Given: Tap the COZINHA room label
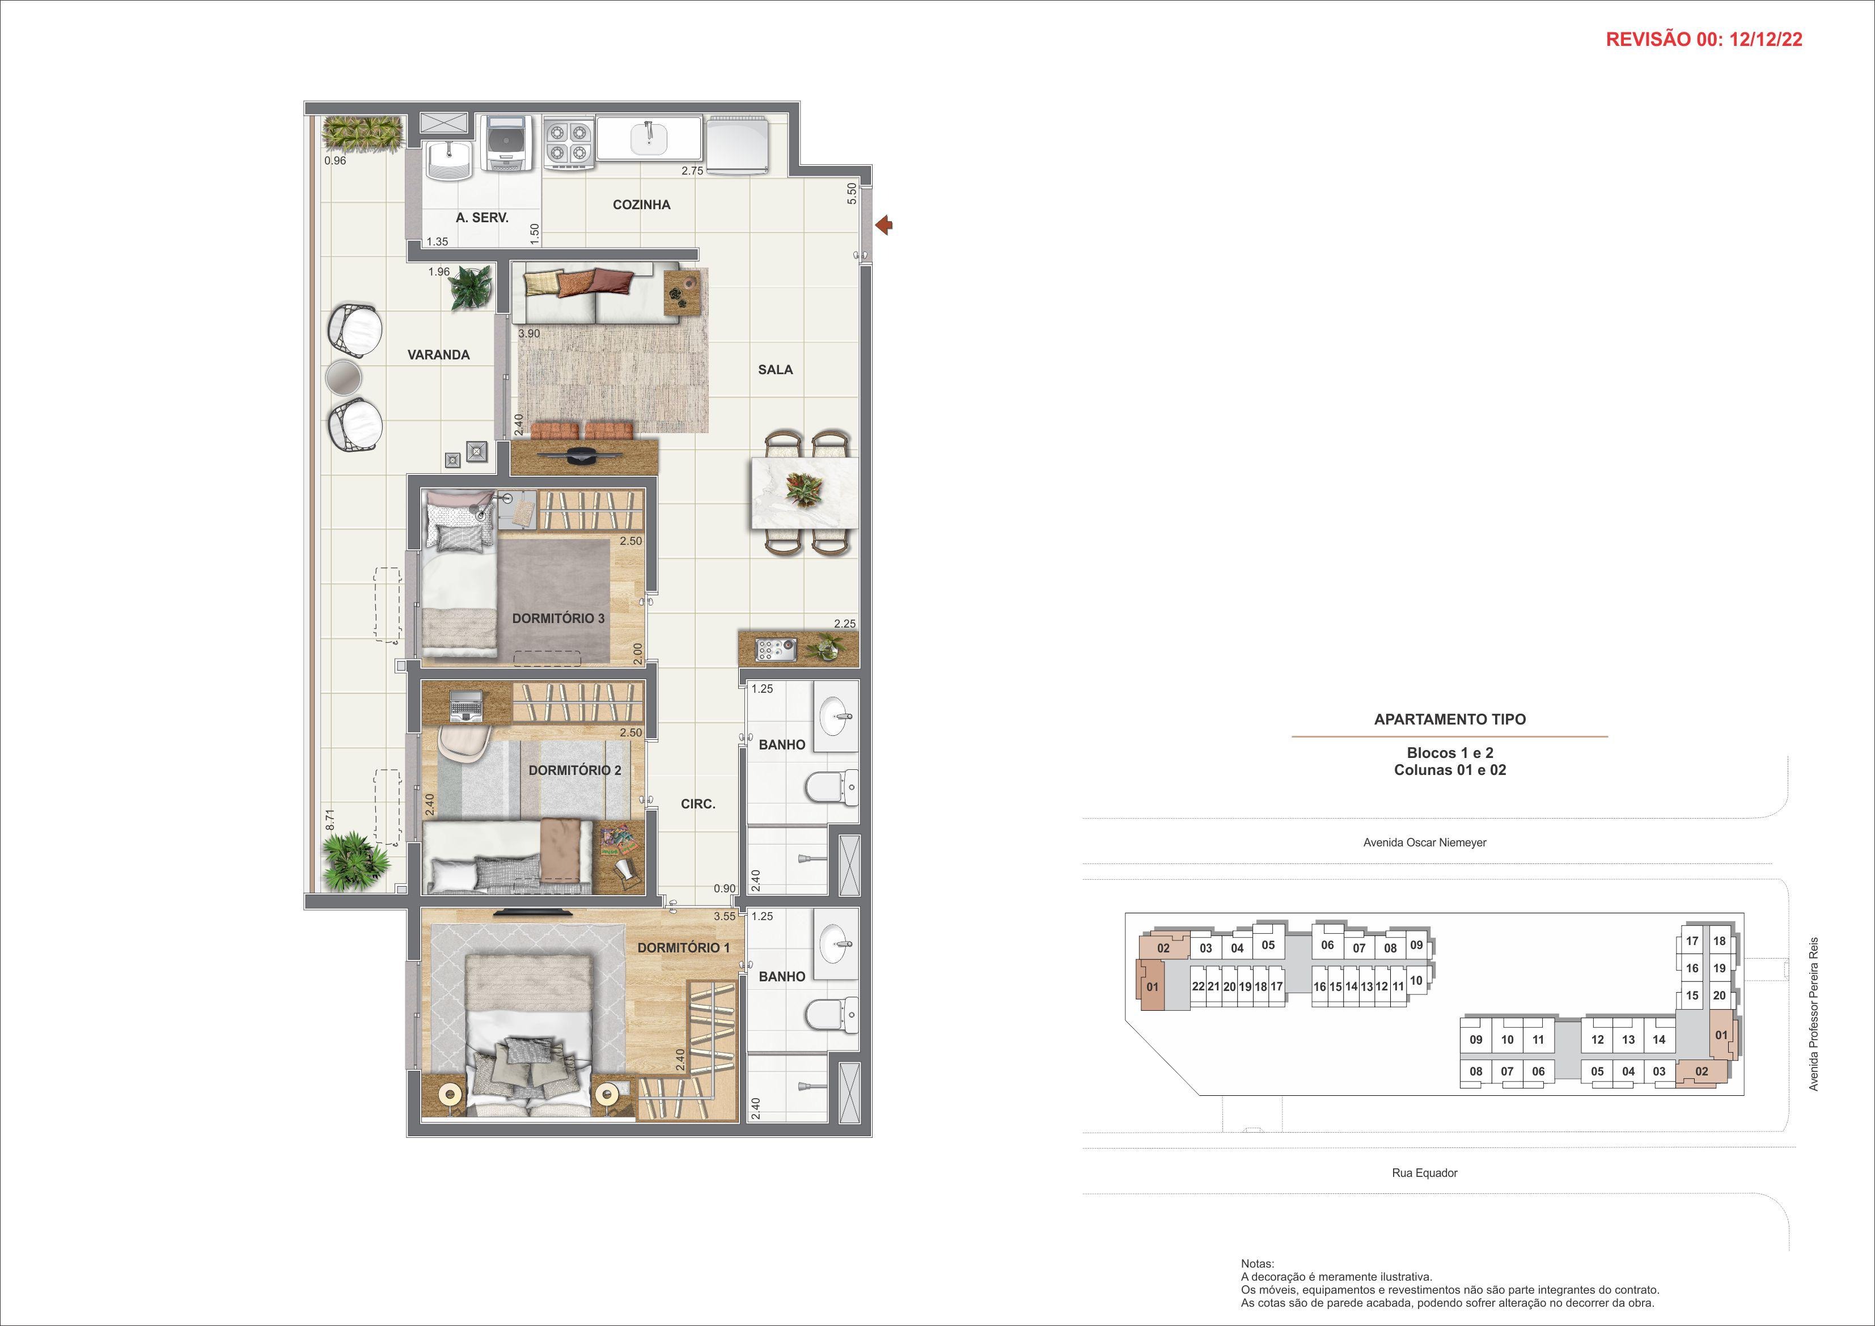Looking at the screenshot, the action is click(641, 205).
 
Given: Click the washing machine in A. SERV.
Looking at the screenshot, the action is click(506, 142).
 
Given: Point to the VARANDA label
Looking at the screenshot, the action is click(438, 355).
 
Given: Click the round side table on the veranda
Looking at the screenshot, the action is click(343, 378).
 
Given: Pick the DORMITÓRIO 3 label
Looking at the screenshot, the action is click(558, 618).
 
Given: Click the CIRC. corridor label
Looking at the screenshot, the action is click(698, 804).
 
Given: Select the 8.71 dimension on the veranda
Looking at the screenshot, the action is click(330, 820).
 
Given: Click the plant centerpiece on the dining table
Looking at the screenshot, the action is click(805, 490).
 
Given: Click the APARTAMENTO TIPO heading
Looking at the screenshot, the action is click(1450, 719).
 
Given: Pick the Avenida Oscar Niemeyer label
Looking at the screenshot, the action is click(1424, 842).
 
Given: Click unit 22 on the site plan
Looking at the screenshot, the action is click(1198, 986).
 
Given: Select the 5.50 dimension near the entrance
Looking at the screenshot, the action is click(852, 193).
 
